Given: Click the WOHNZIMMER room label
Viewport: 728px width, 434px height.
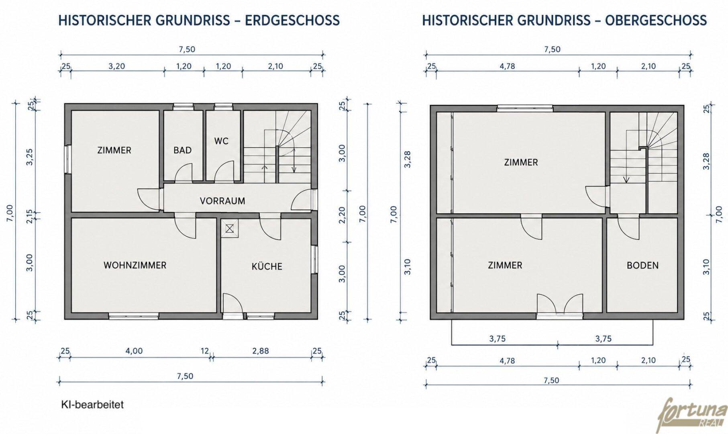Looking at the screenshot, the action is (x=135, y=265).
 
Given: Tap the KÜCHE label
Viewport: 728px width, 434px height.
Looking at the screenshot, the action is (x=267, y=266).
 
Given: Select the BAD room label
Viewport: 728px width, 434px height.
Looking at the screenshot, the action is (x=182, y=150).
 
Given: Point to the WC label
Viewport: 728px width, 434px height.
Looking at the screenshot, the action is (x=221, y=141).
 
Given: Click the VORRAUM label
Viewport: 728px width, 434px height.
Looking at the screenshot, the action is (x=222, y=201).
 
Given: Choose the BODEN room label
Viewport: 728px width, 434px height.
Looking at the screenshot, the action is (x=642, y=265).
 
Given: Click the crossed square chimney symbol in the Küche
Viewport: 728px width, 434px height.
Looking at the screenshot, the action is (x=230, y=229).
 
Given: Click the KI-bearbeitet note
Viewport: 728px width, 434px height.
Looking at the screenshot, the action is (x=92, y=404).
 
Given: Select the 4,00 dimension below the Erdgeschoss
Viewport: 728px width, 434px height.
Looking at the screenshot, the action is (x=134, y=351).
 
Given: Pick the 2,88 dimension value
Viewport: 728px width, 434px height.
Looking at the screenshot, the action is (x=261, y=351).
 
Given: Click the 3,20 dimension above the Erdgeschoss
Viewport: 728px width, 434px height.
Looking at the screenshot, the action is (x=116, y=66).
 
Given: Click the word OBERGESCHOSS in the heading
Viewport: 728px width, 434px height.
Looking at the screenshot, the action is (x=656, y=20).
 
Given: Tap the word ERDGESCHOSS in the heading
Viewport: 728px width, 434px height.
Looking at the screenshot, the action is (x=292, y=20).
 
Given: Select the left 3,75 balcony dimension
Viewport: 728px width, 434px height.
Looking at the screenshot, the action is (x=498, y=339).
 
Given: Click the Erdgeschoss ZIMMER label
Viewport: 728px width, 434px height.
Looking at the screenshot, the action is (x=114, y=150).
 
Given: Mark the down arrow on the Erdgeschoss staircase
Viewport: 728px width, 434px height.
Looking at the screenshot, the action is (x=294, y=160).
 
